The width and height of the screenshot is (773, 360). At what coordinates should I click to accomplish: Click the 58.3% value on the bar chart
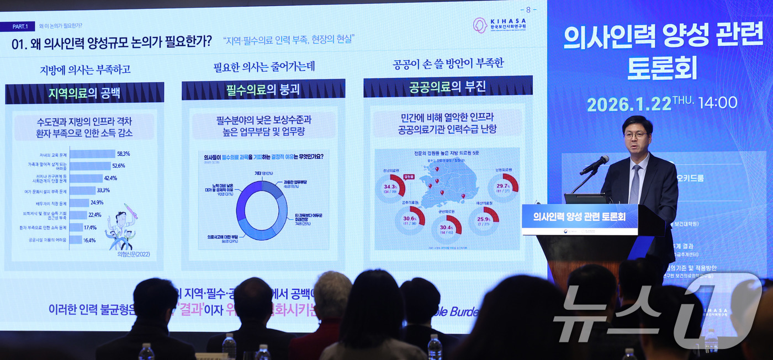(x=123, y=153)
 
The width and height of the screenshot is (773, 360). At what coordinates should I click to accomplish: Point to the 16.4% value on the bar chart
(x=89, y=240)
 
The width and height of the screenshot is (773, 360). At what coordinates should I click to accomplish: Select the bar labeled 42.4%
(x=86, y=178)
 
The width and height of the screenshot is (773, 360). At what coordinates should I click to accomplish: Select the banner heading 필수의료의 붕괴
(x=263, y=89)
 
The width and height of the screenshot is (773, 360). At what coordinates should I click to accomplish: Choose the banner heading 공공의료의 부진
(x=447, y=87)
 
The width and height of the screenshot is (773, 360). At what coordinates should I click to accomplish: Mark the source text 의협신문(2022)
(x=134, y=255)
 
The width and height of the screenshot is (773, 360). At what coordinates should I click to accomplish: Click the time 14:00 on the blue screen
(x=717, y=103)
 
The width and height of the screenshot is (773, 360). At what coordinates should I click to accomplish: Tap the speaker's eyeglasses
(x=636, y=135)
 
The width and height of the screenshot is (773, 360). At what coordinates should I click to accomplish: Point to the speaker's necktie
(x=636, y=184)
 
